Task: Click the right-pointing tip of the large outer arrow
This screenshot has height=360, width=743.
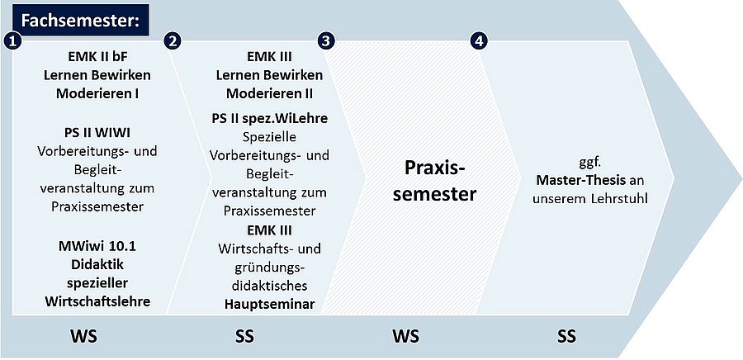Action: click(x=741, y=178)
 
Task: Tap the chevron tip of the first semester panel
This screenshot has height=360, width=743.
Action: click(x=211, y=178)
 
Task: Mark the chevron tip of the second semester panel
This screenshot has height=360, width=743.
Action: click(x=366, y=178)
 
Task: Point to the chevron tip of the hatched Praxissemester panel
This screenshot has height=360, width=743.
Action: click(x=520, y=178)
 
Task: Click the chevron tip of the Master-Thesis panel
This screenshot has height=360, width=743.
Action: click(x=674, y=178)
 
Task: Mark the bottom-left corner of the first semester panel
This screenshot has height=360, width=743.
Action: click(x=12, y=314)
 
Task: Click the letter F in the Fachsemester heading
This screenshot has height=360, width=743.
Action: click(x=26, y=21)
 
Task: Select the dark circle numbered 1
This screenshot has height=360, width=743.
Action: click(x=12, y=41)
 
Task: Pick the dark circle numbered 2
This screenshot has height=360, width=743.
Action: click(x=173, y=41)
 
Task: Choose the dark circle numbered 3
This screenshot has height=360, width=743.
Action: click(x=326, y=41)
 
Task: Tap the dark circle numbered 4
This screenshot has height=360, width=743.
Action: click(x=479, y=41)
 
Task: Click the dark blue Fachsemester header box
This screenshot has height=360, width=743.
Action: click(x=82, y=21)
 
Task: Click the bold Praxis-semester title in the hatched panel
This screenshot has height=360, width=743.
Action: click(x=434, y=181)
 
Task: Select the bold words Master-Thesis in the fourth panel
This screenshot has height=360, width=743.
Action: click(x=582, y=181)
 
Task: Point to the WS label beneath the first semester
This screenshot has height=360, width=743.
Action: click(x=84, y=336)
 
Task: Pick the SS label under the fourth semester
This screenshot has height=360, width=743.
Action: click(x=566, y=336)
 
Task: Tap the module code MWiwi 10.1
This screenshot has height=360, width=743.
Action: click(x=97, y=246)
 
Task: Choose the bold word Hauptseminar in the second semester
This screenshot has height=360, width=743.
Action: click(x=270, y=304)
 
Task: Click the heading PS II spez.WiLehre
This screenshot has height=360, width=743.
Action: click(x=270, y=118)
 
